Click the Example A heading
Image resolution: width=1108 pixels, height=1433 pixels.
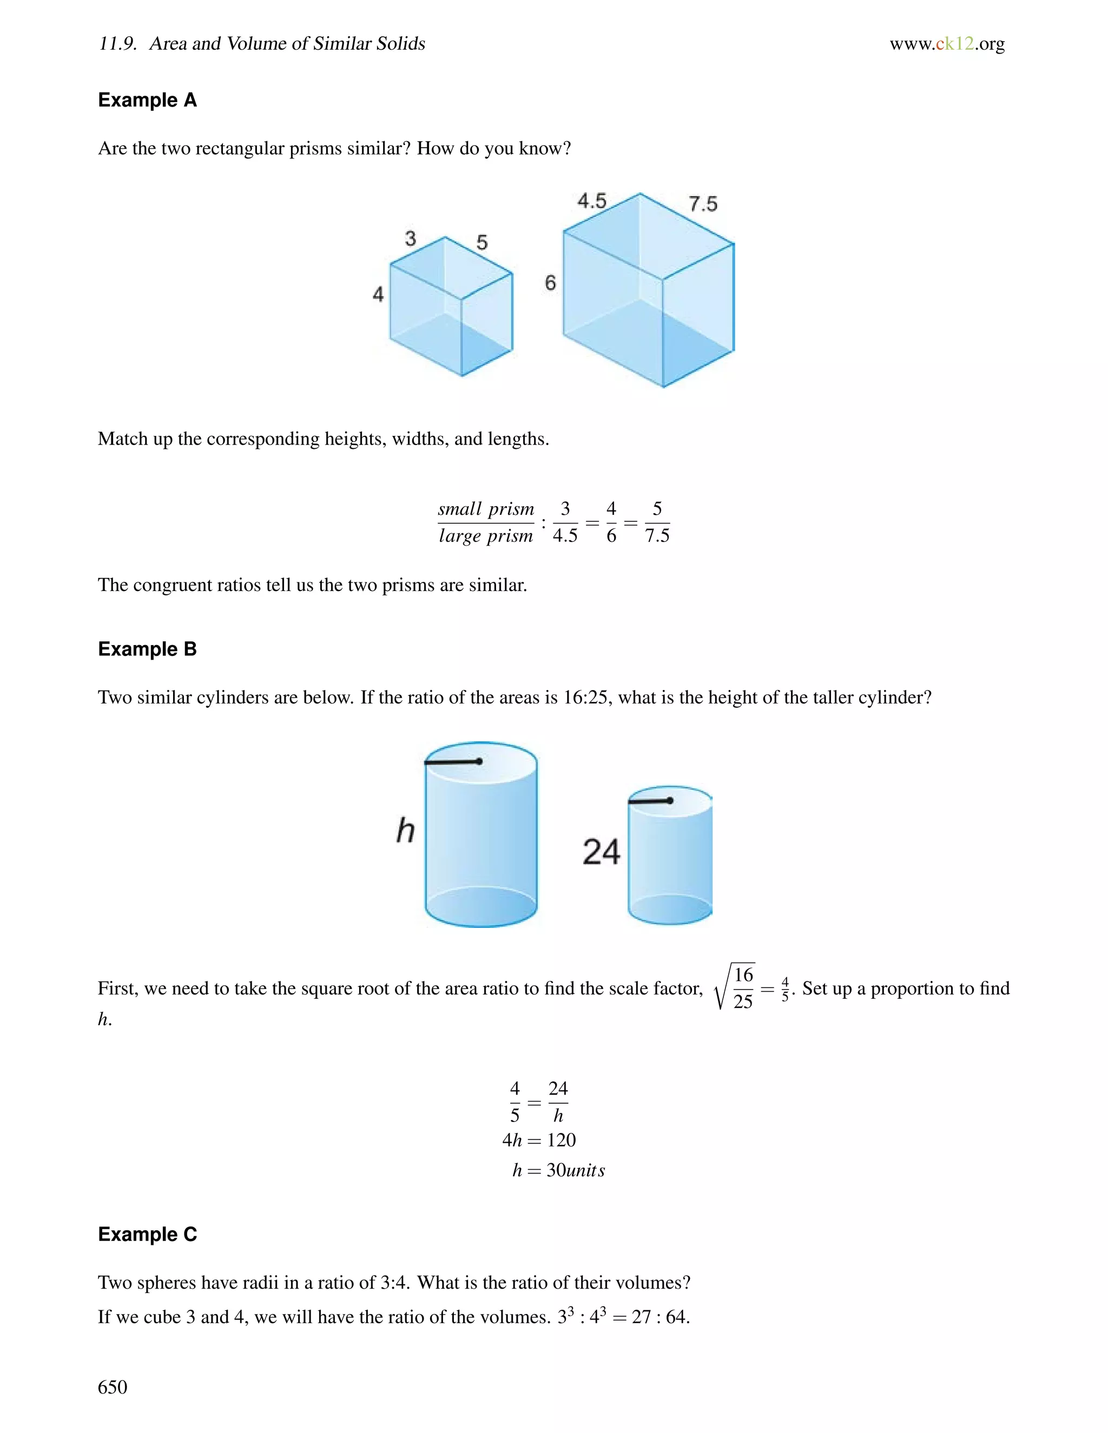coord(147,101)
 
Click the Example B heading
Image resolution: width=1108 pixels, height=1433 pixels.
coord(147,649)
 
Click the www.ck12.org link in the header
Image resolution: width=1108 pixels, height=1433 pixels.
coord(947,44)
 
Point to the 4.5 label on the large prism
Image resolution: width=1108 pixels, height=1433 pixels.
coord(591,201)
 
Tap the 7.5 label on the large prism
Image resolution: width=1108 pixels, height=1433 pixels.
coord(702,204)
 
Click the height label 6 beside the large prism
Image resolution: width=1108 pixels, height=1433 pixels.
coord(550,283)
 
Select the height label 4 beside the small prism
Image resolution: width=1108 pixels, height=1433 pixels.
coord(378,294)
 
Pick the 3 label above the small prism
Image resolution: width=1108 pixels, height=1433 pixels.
coord(410,238)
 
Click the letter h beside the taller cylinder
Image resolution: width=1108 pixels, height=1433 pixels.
coord(406,830)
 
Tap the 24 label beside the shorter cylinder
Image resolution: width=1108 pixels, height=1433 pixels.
coord(601,852)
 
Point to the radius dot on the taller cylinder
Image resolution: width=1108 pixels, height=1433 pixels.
coord(479,761)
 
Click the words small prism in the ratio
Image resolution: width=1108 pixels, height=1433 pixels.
coord(486,509)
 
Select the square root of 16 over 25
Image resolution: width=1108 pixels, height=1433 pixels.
coord(735,987)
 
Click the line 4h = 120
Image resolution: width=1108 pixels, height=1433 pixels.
coord(539,1140)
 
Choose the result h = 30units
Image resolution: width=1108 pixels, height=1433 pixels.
coord(558,1170)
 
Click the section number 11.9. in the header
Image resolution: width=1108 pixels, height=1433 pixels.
coord(117,44)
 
